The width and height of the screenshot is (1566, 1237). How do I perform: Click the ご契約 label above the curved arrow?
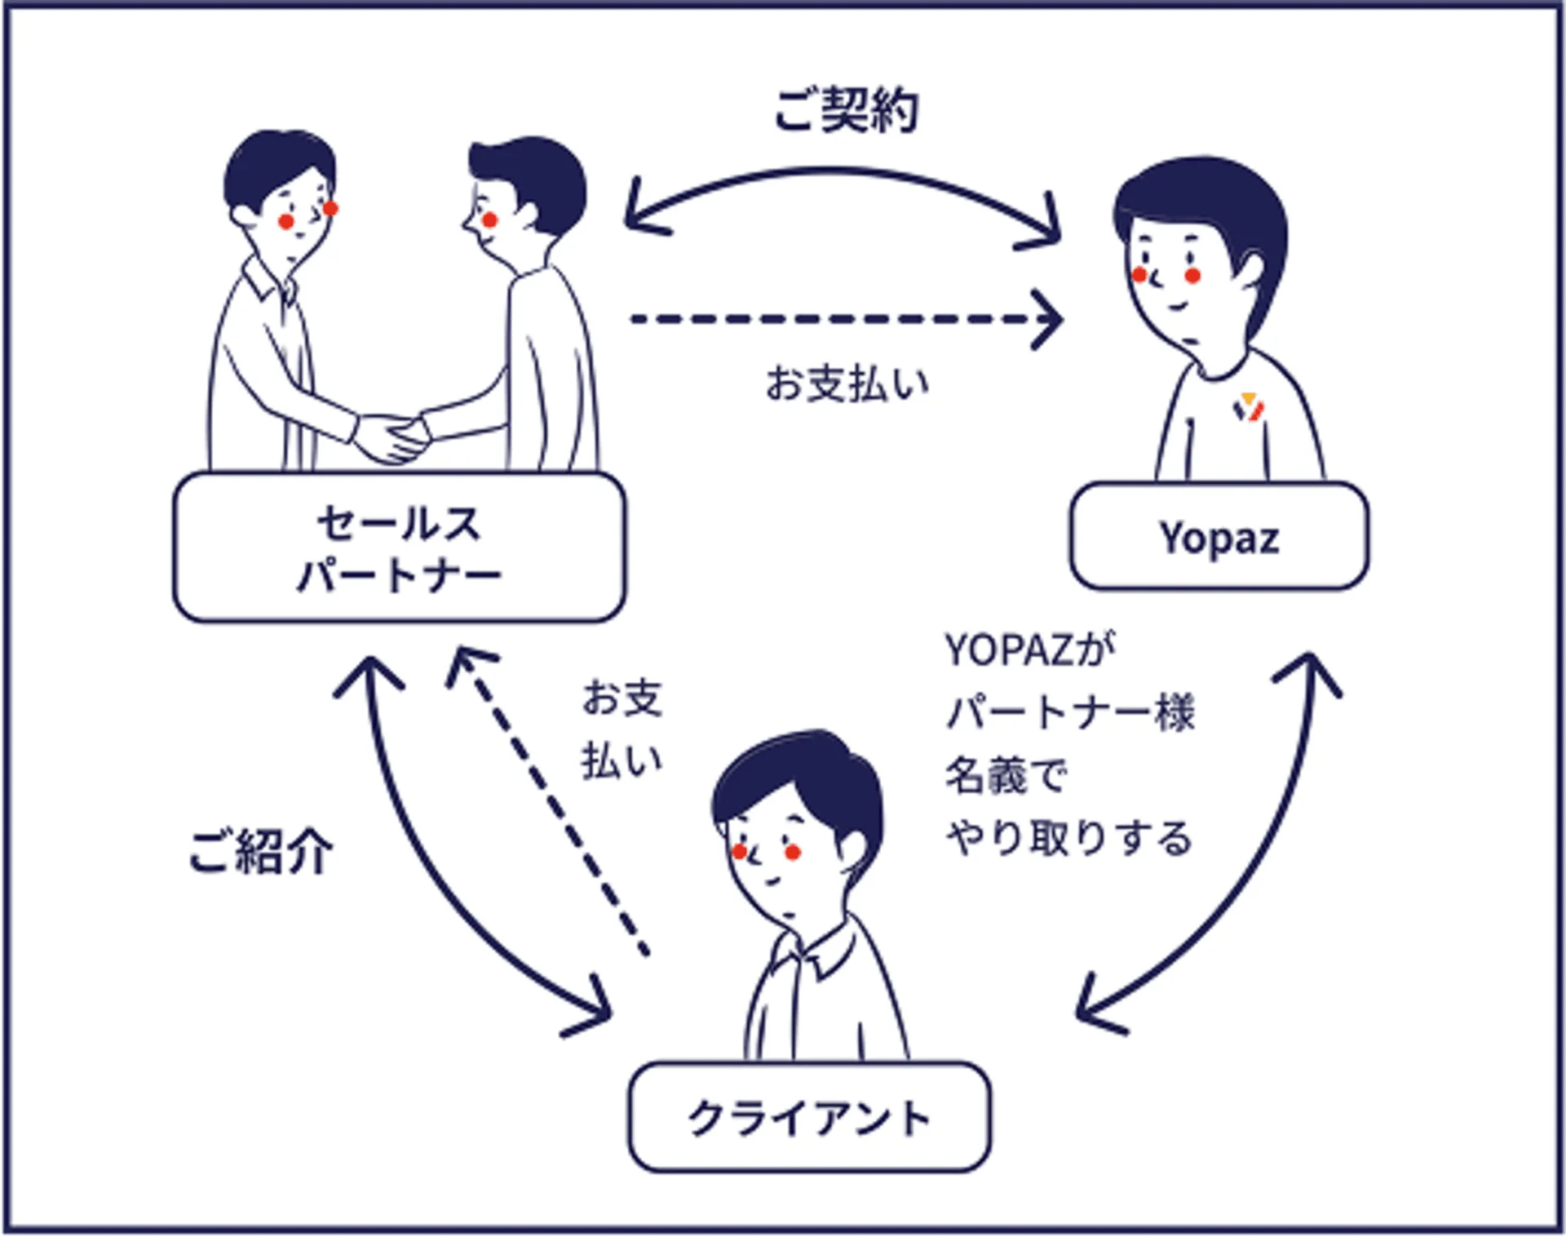[x=846, y=110]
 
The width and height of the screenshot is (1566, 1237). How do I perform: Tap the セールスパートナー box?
[x=399, y=548]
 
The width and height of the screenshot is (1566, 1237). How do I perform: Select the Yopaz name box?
[x=1219, y=537]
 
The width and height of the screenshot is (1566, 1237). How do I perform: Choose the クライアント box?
[x=809, y=1117]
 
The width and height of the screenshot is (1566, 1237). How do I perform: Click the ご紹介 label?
[x=260, y=852]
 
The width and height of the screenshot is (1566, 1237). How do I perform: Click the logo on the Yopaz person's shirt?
[x=1248, y=406]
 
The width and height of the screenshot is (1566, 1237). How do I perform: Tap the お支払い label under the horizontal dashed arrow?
[x=847, y=384]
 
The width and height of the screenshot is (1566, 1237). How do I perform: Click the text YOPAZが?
[x=1029, y=650]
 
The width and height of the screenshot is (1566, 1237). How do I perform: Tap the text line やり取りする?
[x=1068, y=838]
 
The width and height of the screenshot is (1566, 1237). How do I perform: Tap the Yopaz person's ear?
[x=1250, y=270]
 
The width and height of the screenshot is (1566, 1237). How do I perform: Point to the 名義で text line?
[x=1005, y=775]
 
